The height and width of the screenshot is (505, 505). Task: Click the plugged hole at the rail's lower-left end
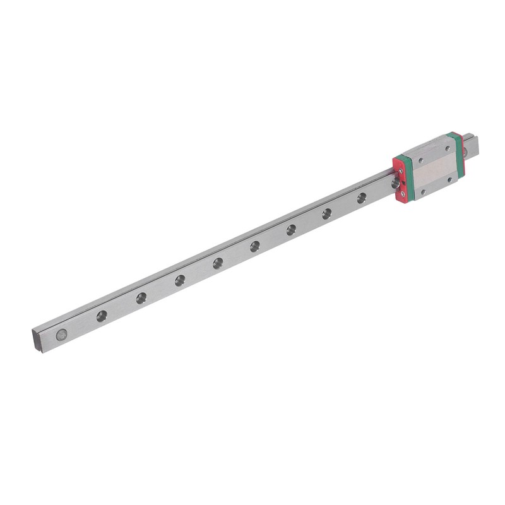(x=61, y=335)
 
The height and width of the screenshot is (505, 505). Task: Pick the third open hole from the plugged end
(x=180, y=278)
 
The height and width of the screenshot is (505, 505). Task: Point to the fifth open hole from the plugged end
(x=255, y=245)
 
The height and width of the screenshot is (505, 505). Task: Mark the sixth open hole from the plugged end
(x=291, y=229)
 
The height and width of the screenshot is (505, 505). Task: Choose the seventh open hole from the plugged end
(x=327, y=213)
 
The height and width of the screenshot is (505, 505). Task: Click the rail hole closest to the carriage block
(x=362, y=198)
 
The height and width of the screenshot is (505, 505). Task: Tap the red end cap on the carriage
(x=399, y=180)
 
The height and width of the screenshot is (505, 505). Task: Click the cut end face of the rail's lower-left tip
(x=37, y=340)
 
